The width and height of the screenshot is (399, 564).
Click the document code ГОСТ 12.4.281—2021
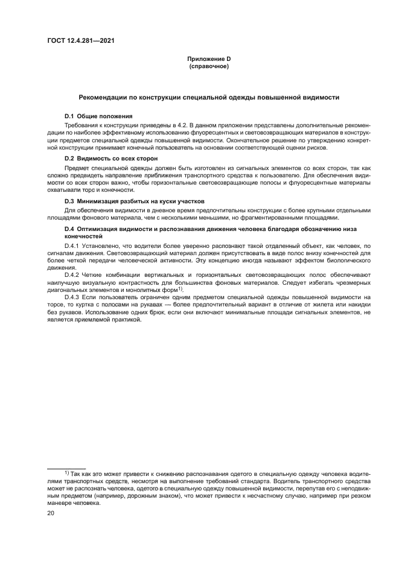tap(81, 41)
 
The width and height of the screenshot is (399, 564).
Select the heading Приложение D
tap(208, 59)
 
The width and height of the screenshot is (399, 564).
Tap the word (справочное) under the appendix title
tap(208, 66)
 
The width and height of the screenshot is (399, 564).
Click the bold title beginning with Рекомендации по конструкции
tap(209, 97)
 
